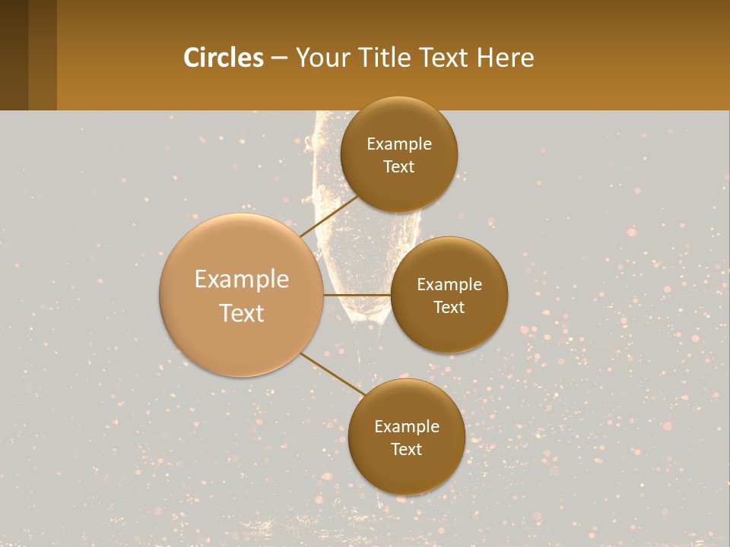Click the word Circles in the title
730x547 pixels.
(223, 58)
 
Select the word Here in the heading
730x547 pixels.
(506, 58)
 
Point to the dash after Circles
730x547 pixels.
(278, 58)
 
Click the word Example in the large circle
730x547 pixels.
(242, 280)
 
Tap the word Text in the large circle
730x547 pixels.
(242, 313)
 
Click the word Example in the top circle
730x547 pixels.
(399, 144)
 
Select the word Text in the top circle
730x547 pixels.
(399, 167)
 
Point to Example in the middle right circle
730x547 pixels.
(449, 285)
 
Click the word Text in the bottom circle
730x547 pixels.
(406, 450)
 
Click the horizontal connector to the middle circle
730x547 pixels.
(357, 294)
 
